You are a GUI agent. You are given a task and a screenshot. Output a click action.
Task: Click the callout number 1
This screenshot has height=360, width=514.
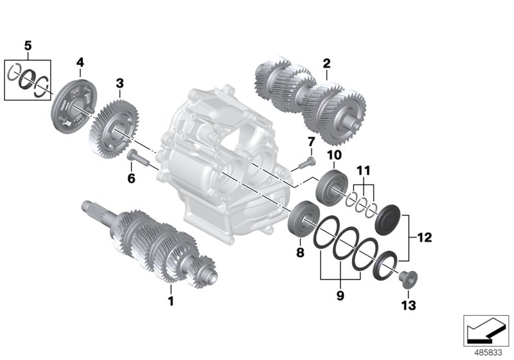click(171, 300)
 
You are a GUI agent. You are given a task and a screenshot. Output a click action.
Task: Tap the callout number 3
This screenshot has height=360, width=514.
click(120, 84)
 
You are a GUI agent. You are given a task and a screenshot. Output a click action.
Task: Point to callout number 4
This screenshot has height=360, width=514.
click(80, 62)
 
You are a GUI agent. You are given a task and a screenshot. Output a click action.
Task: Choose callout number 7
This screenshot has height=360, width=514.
click(310, 141)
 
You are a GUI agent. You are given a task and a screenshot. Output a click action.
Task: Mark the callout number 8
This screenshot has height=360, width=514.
click(299, 253)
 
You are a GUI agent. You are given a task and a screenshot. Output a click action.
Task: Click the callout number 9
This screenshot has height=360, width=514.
click(341, 296)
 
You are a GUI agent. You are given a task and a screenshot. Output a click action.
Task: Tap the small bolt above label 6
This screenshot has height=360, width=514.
click(139, 155)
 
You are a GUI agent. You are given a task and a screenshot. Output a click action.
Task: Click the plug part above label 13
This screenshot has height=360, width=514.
click(407, 279)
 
